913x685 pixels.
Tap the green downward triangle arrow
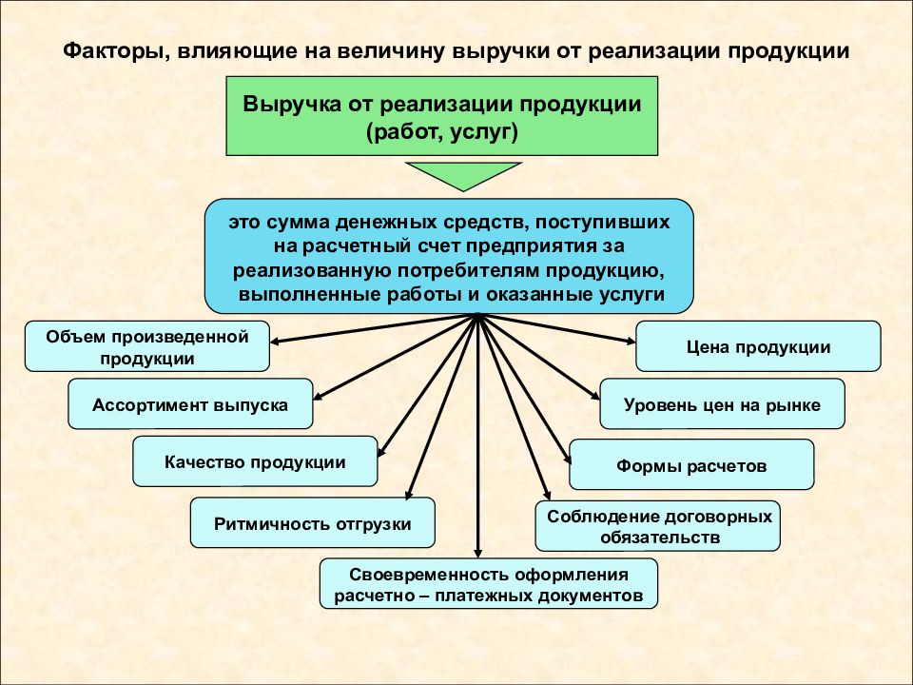pos(463,174)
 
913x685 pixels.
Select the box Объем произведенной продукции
pos(147,346)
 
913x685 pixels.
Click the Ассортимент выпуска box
pos(190,404)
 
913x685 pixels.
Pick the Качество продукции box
pos(255,461)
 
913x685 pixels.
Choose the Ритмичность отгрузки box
pos(313,523)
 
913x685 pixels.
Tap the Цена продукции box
pos(758,346)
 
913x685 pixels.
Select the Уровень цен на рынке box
pos(722,404)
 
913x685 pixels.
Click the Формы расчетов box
pos(691,465)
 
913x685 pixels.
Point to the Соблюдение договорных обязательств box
pos(658,526)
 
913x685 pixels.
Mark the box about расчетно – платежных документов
pos(489,584)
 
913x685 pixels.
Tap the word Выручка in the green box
pos(292,105)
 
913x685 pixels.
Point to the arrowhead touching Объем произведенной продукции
pos(275,341)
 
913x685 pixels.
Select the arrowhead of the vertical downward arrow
pos(478,554)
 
